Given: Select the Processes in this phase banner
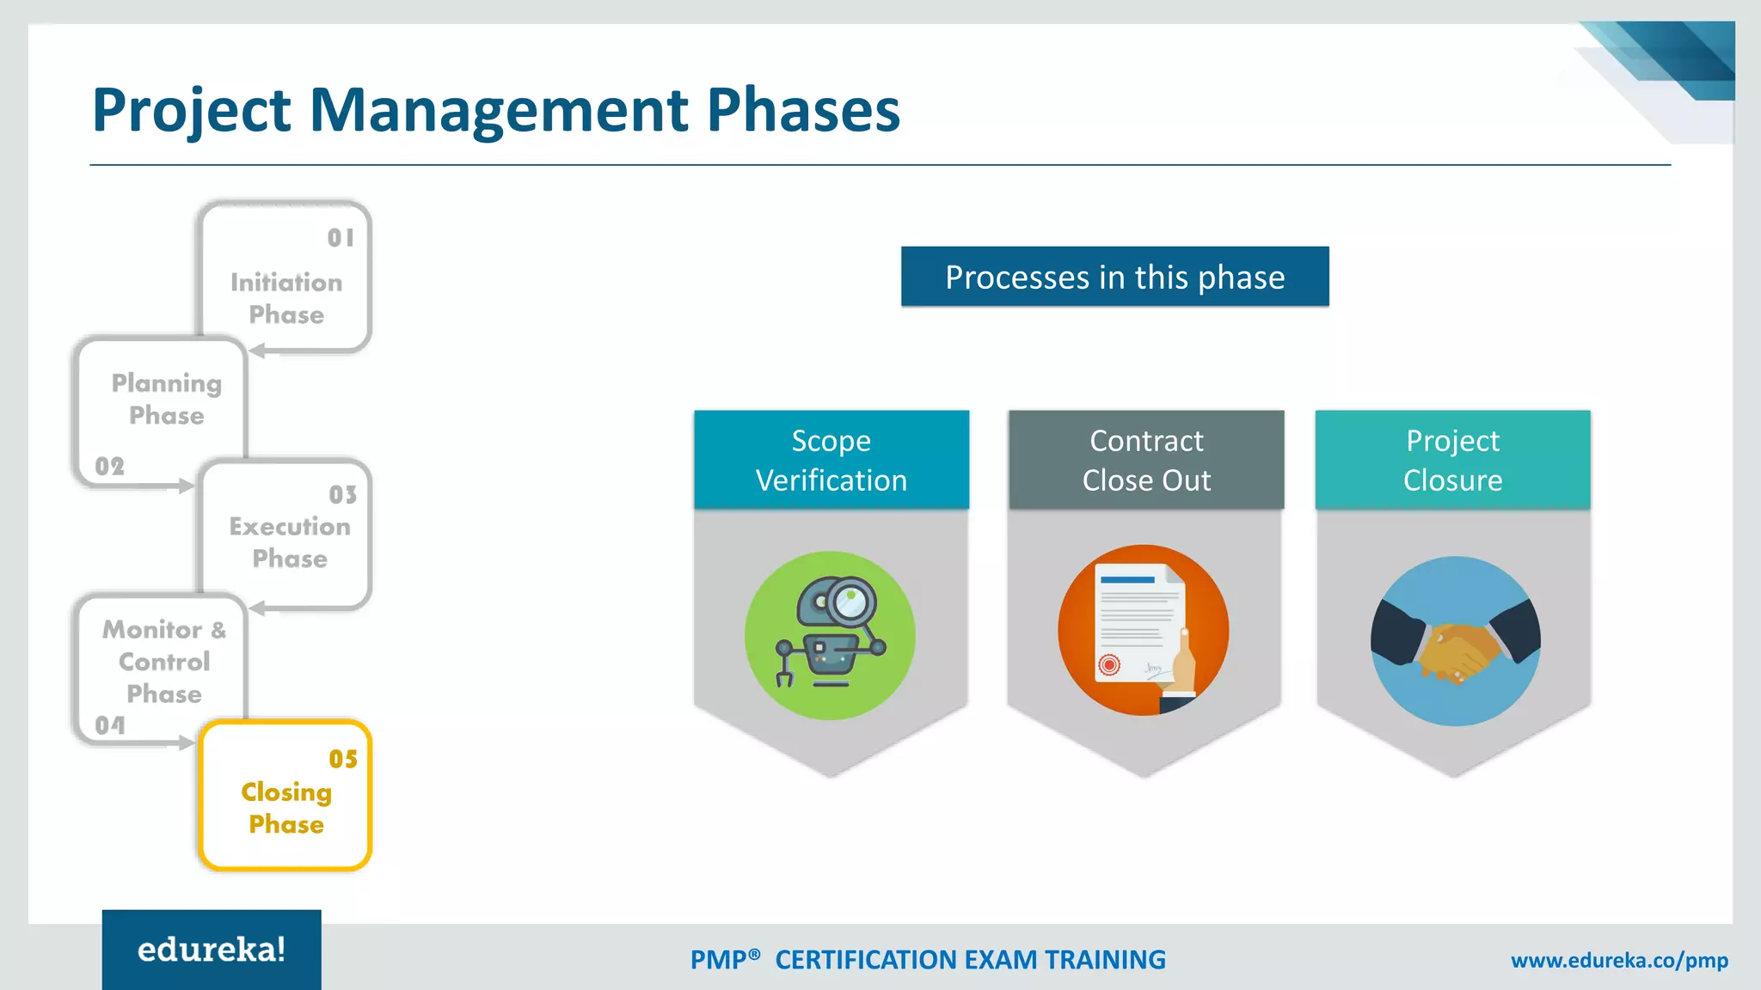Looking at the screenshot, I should coord(1114,277).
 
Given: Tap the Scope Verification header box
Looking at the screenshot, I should coord(831,460).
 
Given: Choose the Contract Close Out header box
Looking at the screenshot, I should coord(1145,460).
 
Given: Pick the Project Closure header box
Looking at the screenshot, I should coord(1452,460).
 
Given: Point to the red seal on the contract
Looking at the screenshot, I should coord(1109,664).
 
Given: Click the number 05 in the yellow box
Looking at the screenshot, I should coord(343,759).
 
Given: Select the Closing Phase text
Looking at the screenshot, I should coord(286,808).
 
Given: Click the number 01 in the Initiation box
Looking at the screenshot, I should coord(341,238).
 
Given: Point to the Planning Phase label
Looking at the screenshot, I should coord(167,399).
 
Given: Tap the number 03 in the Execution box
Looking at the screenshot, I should coord(342,495).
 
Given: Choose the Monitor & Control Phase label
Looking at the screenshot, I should coord(164,662).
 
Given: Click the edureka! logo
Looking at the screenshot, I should coord(212,950).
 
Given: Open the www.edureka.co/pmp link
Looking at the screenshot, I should coord(1619,960).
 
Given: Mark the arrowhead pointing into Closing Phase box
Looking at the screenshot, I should coord(187,743).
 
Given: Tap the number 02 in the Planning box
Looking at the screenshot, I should coord(110,467).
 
